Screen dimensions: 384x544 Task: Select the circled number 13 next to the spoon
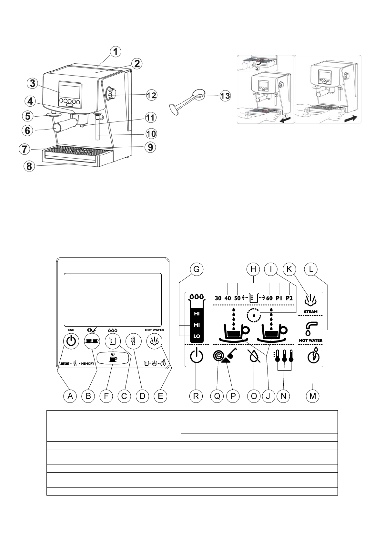(225, 96)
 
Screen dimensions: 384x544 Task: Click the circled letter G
(196, 269)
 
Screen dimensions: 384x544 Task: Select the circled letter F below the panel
(106, 396)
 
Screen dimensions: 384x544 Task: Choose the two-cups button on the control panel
(92, 341)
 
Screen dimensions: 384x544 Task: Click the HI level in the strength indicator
(197, 314)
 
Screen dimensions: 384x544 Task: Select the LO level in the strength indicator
(197, 336)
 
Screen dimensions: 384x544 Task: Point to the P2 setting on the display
(289, 298)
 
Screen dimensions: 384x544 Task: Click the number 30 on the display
(218, 298)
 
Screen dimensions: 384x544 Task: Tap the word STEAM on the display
(310, 312)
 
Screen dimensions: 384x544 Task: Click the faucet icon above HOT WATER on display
(310, 328)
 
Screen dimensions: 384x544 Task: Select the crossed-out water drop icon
(254, 357)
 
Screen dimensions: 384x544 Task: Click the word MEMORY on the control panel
(87, 363)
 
